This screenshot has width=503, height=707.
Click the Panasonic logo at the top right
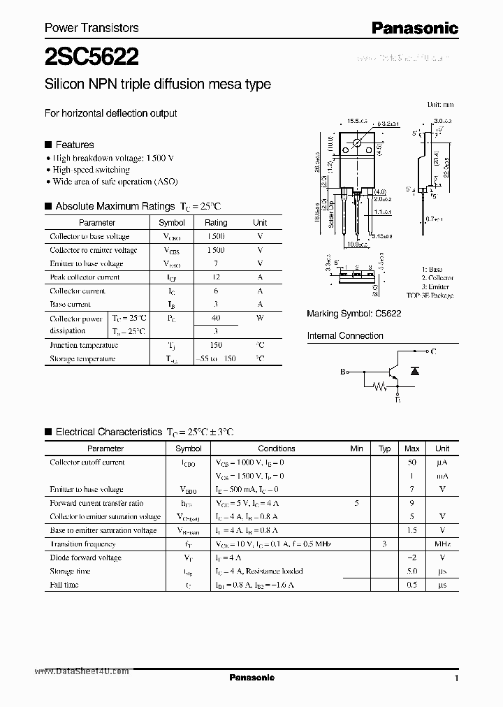click(414, 28)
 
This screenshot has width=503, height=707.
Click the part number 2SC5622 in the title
click(92, 57)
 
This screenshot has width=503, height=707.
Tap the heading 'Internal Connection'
click(345, 335)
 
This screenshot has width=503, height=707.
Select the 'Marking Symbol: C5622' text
click(353, 314)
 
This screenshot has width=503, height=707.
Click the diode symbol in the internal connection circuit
click(414, 371)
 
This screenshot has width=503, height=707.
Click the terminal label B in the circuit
click(343, 372)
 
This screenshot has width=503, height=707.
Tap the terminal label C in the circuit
click(433, 351)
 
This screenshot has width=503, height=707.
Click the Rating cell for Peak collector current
click(216, 277)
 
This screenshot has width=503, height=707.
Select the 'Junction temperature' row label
click(83, 345)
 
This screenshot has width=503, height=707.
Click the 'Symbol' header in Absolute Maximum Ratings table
click(172, 223)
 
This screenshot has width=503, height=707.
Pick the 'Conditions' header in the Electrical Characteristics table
click(277, 449)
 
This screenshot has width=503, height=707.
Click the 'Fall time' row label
click(64, 585)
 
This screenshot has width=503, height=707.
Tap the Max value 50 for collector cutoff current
click(411, 462)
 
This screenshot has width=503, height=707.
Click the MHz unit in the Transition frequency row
click(442, 544)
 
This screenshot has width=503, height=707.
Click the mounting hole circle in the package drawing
click(357, 144)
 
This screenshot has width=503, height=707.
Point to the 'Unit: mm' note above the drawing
click(440, 104)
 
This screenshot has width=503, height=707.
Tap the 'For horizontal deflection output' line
click(110, 113)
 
